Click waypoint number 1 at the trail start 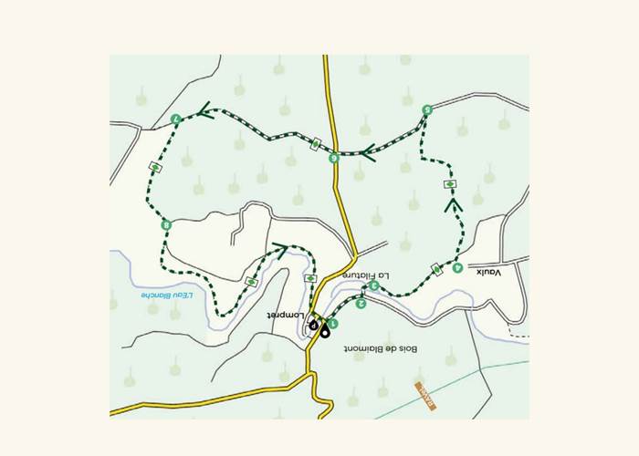coord(335,324)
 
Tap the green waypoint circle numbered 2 coord(361,305)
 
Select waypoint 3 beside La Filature coord(374,286)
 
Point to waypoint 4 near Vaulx coord(457,268)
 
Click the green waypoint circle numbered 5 coord(427,110)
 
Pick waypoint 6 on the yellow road coord(334,158)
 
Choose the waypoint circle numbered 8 coord(166,225)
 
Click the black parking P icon coord(313,324)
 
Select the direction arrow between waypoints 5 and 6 coord(369,152)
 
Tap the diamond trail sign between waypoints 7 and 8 coord(155,167)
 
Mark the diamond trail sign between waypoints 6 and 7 coord(316,144)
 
